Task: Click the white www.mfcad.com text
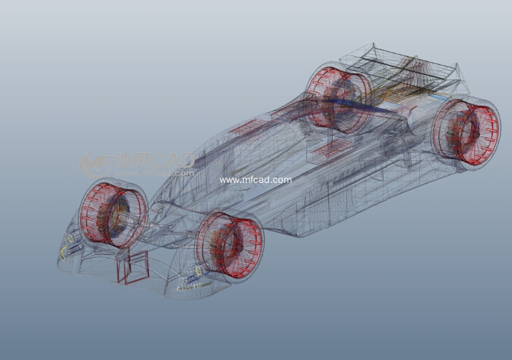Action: (255, 179)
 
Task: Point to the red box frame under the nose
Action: (131, 267)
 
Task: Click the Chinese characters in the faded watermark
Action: (131, 160)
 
